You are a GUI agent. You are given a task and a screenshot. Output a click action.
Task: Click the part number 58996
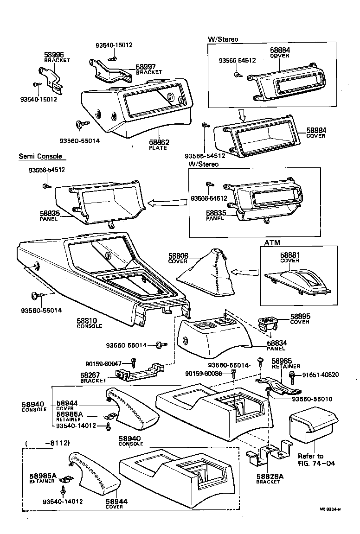[54, 55]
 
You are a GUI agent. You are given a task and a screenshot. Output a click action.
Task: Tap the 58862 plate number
[159, 142]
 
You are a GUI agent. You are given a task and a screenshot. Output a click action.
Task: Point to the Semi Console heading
[40, 157]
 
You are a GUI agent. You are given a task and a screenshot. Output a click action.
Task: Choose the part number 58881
[290, 255]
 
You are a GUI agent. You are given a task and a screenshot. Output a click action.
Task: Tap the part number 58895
[300, 316]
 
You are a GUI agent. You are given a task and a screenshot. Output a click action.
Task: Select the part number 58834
[276, 343]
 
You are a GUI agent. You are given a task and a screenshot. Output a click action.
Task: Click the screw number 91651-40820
[320, 375]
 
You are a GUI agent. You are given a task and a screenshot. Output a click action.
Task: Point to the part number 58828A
[268, 477]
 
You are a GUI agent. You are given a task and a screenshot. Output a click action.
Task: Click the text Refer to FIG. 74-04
[311, 460]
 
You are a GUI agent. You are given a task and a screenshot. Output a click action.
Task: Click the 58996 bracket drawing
[50, 77]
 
